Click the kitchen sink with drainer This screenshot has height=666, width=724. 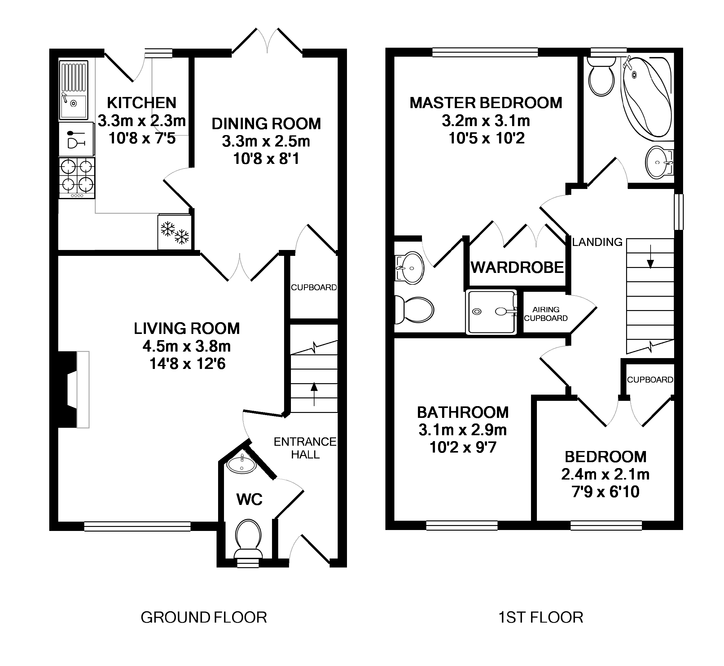(x=73, y=90)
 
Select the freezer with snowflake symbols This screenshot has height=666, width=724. (x=175, y=232)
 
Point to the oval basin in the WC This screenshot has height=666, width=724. (x=241, y=465)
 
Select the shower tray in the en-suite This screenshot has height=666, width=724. (x=492, y=312)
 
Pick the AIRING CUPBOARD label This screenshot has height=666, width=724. (x=546, y=314)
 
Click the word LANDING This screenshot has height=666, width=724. (x=597, y=242)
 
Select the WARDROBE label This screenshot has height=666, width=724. (x=517, y=267)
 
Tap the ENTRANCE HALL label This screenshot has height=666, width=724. (x=305, y=448)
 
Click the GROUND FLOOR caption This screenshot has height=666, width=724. (x=204, y=617)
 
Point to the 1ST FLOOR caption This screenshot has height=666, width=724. (x=541, y=617)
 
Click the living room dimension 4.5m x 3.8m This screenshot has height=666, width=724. (x=187, y=346)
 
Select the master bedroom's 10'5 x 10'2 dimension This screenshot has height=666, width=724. (x=486, y=138)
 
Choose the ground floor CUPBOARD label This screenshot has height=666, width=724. (x=314, y=287)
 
